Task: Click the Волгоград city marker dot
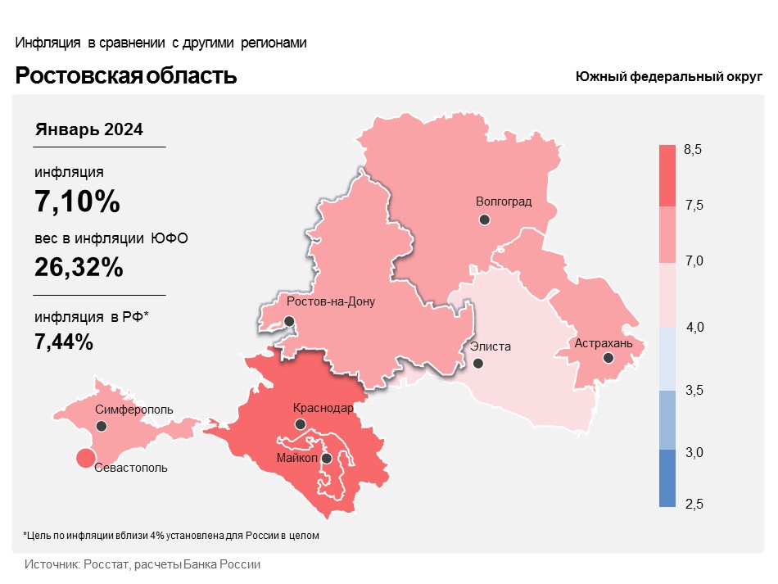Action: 485,220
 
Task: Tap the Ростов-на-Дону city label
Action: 331,301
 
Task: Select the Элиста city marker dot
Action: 478,363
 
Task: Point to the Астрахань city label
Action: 604,343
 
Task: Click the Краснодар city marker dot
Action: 301,424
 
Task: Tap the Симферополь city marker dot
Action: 102,426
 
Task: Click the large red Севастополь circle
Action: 84,459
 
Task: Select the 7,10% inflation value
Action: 77,201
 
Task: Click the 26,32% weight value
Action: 79,266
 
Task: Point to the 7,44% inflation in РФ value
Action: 64,342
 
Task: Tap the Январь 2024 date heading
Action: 89,129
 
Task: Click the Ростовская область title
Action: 126,76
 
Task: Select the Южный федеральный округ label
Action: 669,76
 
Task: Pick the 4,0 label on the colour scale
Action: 695,328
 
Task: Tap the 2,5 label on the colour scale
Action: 694,502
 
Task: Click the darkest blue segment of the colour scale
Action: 667,478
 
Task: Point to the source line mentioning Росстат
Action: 142,565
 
